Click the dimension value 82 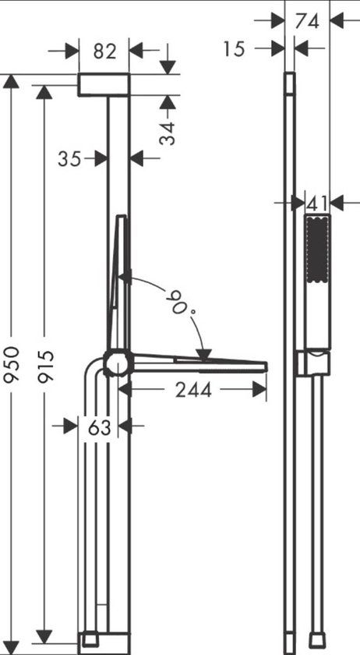(x=104, y=52)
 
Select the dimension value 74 (x=309, y=22)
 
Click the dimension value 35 (x=69, y=158)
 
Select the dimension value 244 (x=193, y=390)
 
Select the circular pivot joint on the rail (x=118, y=363)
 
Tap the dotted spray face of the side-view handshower (x=316, y=250)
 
